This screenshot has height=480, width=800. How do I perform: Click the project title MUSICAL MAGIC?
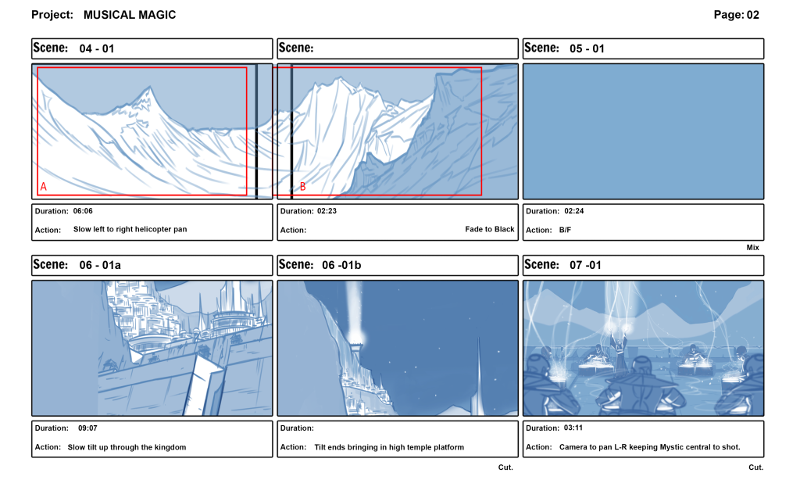[x=130, y=15]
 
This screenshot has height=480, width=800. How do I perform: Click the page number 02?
[x=752, y=15]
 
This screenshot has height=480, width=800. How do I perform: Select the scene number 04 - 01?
[x=97, y=48]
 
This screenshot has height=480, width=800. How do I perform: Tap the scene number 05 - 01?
[x=587, y=48]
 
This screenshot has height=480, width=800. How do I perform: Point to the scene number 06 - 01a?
[x=100, y=265]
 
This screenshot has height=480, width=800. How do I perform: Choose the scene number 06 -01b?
[x=341, y=265]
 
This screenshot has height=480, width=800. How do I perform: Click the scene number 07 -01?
[x=585, y=265]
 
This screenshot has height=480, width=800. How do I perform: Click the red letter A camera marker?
[x=43, y=187]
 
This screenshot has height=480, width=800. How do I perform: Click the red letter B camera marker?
[x=303, y=187]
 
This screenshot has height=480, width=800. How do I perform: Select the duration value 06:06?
[x=83, y=211]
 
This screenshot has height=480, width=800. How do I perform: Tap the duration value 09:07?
[x=87, y=428]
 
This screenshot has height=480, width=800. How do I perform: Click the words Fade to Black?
[x=489, y=230]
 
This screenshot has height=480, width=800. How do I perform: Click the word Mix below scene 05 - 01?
[x=752, y=247]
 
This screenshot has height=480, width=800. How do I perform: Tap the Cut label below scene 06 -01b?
[x=505, y=467]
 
